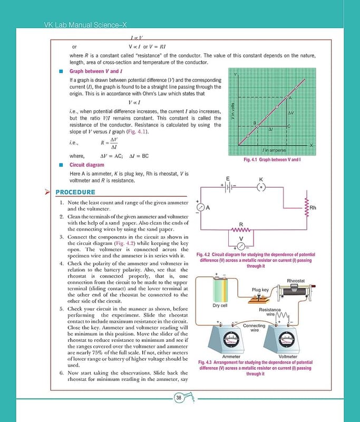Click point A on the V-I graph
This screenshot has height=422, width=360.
[x=287, y=98]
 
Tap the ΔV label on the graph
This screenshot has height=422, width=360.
[x=291, y=113]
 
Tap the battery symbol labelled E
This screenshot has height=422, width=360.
[x=229, y=186]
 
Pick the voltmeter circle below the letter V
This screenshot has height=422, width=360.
[x=241, y=247]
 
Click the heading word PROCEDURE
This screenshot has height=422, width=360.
[x=75, y=192]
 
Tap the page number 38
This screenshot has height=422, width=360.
[x=179, y=397]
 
